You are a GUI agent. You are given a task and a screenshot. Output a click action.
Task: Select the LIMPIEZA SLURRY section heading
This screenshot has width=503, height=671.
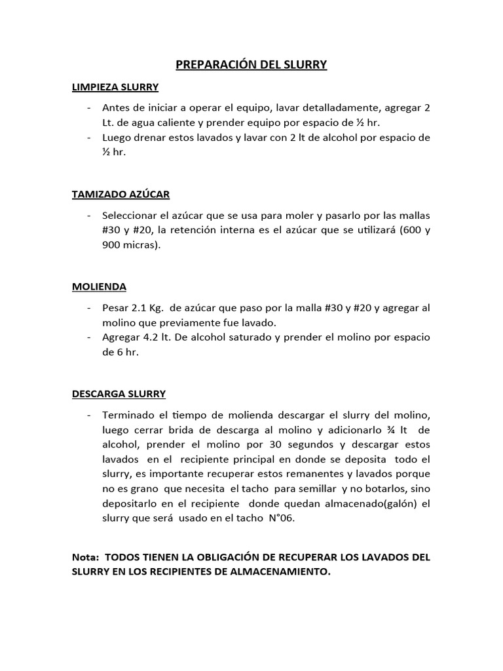click(x=115, y=86)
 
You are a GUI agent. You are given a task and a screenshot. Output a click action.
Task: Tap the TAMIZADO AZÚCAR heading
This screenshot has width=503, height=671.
click(x=121, y=194)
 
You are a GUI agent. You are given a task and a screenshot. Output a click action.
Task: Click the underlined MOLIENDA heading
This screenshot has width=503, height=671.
click(x=99, y=286)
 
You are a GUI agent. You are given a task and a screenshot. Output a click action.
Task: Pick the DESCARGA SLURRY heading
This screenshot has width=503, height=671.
click(x=119, y=394)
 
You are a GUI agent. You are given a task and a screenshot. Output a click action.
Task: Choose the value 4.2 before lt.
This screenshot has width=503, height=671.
click(x=152, y=337)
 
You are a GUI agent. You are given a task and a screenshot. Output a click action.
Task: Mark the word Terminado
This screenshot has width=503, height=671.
click(x=128, y=415)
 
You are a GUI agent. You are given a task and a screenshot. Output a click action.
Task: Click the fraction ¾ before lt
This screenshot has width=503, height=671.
click(x=391, y=430)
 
